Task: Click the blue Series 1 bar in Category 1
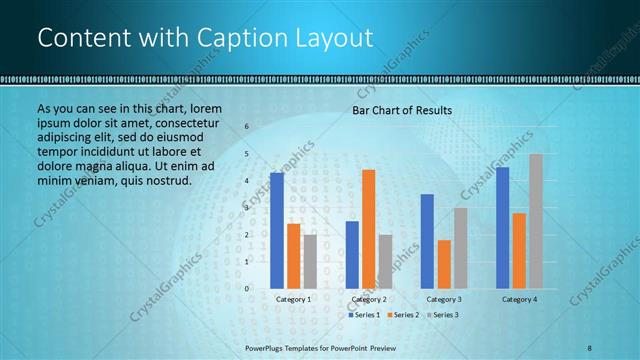pyautogui.click(x=277, y=231)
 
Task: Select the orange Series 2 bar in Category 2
pyautogui.click(x=368, y=229)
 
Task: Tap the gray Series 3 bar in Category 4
pyautogui.click(x=536, y=221)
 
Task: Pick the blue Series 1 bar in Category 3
pyautogui.click(x=427, y=241)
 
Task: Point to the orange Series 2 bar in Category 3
pyautogui.click(x=443, y=264)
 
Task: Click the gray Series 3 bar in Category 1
pyautogui.click(x=310, y=261)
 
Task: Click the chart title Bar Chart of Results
pyautogui.click(x=402, y=110)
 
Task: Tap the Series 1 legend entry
pyautogui.click(x=365, y=315)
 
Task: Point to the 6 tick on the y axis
pyautogui.click(x=248, y=127)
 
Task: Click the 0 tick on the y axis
pyautogui.click(x=248, y=289)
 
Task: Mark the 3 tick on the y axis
pyautogui.click(x=248, y=208)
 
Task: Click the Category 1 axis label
pyautogui.click(x=294, y=300)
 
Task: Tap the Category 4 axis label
pyautogui.click(x=519, y=300)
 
